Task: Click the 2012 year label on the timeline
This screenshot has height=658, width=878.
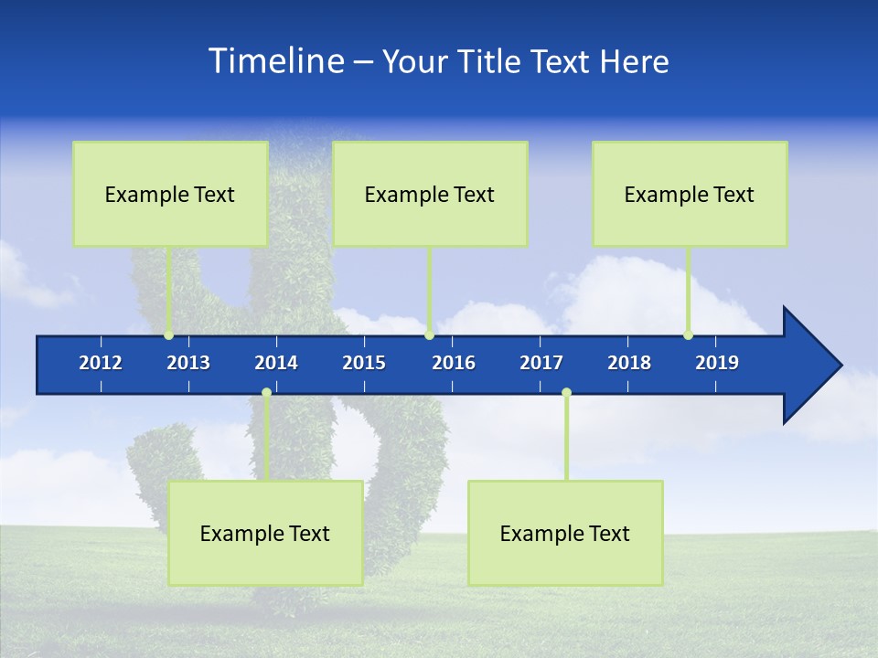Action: tap(101, 363)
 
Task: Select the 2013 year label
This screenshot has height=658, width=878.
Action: tap(188, 363)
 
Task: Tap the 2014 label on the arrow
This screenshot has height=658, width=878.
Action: tap(276, 363)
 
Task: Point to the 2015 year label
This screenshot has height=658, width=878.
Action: tap(364, 363)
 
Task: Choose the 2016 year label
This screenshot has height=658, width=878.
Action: tap(454, 363)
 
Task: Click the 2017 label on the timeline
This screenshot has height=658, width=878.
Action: tap(541, 363)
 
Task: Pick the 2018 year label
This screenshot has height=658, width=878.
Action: tap(629, 363)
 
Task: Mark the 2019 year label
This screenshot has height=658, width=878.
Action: tap(717, 363)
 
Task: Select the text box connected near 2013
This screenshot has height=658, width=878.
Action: tap(170, 194)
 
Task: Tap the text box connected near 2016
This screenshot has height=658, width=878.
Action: tap(430, 194)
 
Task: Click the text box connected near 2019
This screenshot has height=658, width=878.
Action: tap(690, 194)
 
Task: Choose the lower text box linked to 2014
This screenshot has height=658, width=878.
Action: tap(265, 533)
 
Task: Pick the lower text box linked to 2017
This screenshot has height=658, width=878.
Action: tap(565, 533)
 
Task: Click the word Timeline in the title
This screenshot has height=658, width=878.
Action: tap(275, 60)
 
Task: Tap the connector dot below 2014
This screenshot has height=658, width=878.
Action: tap(266, 393)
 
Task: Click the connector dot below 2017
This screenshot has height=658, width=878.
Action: tap(566, 393)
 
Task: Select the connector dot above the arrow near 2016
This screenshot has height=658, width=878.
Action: tap(430, 334)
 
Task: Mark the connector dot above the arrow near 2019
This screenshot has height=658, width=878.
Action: tap(689, 334)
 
